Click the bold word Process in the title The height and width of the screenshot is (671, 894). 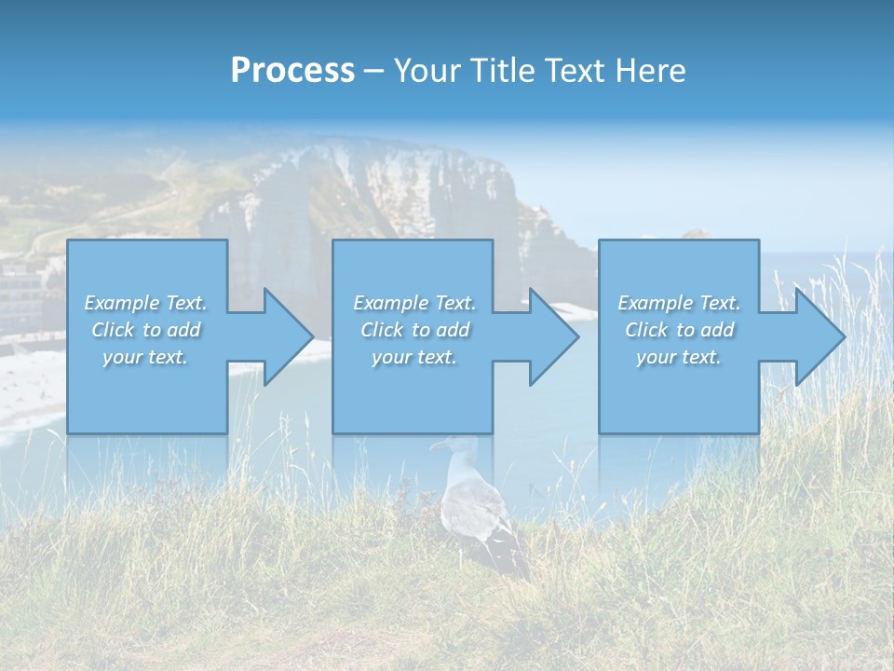pyautogui.click(x=292, y=71)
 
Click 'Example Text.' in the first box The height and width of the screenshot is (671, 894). pyautogui.click(x=145, y=303)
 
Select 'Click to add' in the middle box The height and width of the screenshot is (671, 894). pyautogui.click(x=414, y=330)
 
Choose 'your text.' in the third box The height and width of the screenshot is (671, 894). pyautogui.click(x=679, y=357)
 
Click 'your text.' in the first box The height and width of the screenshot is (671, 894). pyautogui.click(x=145, y=357)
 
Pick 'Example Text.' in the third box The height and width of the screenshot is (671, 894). pyautogui.click(x=679, y=303)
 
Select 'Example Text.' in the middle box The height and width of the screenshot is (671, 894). pyautogui.click(x=414, y=303)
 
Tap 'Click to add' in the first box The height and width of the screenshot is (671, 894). pyautogui.click(x=145, y=330)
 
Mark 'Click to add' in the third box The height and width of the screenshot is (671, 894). pyautogui.click(x=679, y=330)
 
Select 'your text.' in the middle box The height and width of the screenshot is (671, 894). pyautogui.click(x=414, y=357)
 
